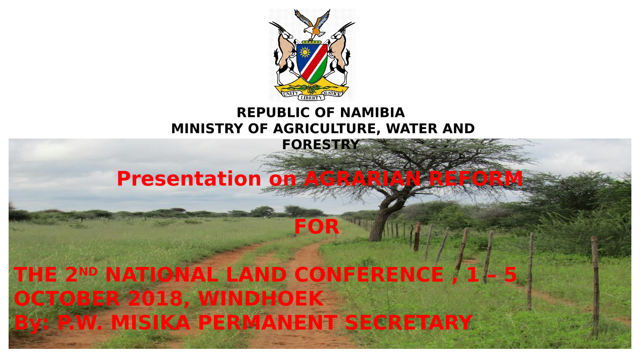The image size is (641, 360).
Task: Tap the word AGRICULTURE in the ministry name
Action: pos(327,128)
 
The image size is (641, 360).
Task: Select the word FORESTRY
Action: pos(321,145)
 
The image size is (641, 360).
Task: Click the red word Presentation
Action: pos(189,178)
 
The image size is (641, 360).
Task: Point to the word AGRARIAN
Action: pos(362,178)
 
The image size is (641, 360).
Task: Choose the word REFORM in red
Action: pos(476,178)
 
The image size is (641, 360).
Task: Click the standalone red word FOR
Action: pos(317,227)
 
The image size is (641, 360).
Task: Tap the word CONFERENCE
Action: pos(369,275)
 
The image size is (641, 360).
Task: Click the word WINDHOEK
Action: pos(261,298)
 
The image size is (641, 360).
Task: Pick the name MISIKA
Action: pos(151,323)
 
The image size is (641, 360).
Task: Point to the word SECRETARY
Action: pos(409,323)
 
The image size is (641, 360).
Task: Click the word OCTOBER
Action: pos(67,298)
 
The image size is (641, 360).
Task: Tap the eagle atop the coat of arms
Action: pos(313,25)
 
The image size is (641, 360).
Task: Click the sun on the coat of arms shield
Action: pos(305,53)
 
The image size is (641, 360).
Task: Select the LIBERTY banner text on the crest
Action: pos(311,98)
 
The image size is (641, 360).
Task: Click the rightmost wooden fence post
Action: pos(595,287)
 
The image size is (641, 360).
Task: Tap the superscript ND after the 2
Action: pos(88,271)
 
